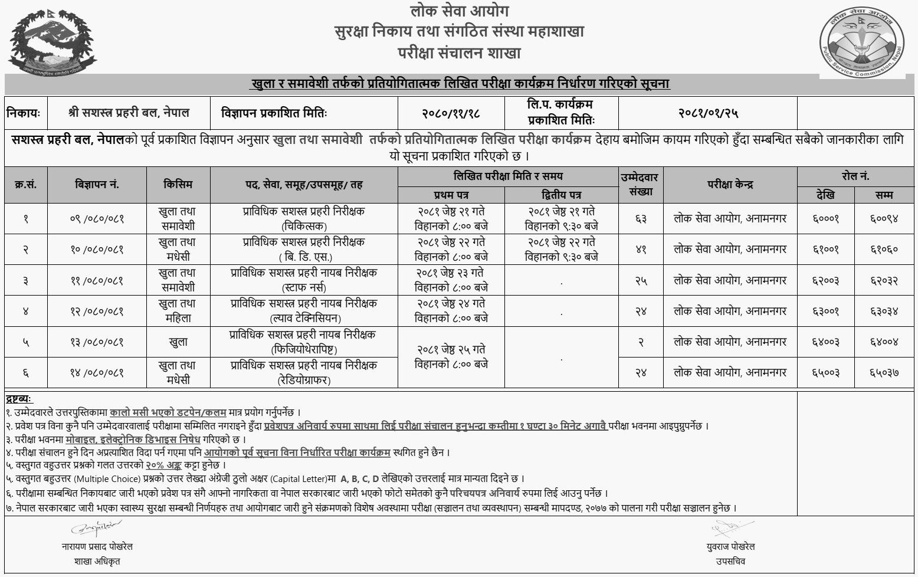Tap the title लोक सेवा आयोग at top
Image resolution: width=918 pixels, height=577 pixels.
459,11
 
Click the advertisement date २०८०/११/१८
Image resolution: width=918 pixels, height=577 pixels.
450,112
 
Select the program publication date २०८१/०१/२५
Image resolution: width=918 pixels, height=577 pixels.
708,112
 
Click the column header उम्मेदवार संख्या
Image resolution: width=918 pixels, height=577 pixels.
641,185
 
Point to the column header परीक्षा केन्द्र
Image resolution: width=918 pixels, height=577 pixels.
730,185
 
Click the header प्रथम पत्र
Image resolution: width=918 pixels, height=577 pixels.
451,195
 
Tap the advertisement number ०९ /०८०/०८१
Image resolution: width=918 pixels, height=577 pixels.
97,219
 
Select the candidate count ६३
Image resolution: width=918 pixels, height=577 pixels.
641,219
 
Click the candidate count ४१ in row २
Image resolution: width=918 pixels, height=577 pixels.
641,250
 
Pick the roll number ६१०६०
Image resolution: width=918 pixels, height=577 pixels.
884,250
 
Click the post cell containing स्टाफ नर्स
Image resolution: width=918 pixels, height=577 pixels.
303,280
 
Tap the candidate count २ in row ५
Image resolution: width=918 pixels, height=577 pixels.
641,342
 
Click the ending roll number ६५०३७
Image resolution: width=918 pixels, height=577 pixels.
884,373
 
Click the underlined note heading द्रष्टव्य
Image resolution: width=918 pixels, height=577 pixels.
19,399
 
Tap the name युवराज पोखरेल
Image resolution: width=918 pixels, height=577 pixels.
730,547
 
